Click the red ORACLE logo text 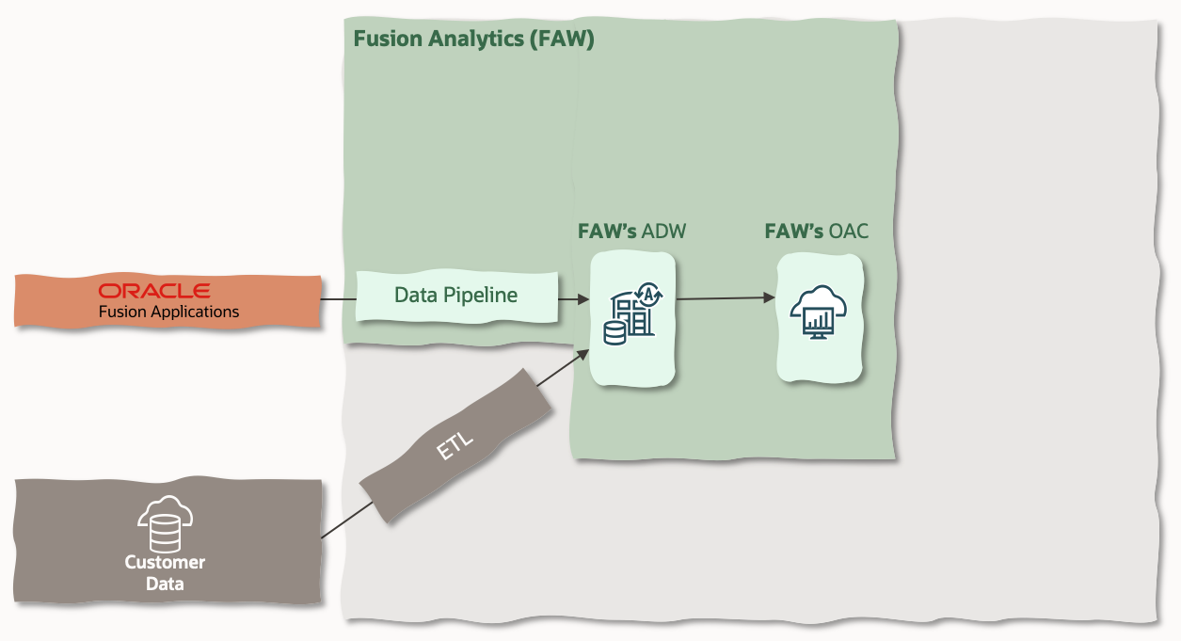(154, 291)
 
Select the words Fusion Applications (168, 312)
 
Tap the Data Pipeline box (456, 296)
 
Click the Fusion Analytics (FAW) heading (473, 40)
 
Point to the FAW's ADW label (631, 232)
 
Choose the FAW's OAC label (816, 232)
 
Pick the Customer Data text (165, 573)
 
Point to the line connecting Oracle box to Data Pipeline (338, 300)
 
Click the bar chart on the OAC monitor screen (820, 322)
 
